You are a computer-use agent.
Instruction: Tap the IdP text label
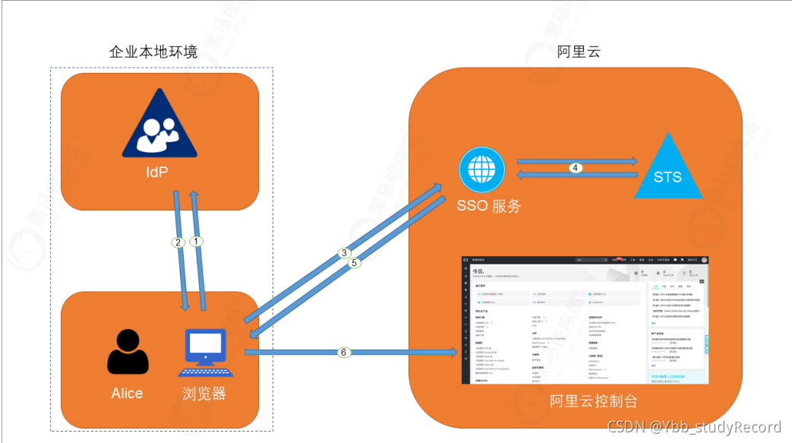(157, 172)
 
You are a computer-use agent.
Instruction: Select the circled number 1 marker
(197, 241)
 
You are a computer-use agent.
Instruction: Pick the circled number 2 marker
(178, 243)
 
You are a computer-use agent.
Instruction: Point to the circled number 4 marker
(577, 168)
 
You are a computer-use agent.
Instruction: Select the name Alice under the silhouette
(127, 393)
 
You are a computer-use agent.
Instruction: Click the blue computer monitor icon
(205, 352)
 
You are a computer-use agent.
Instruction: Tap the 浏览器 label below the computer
(204, 394)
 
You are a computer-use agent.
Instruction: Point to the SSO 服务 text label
(489, 205)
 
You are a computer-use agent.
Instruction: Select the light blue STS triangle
(667, 168)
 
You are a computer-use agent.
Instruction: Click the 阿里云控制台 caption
(593, 401)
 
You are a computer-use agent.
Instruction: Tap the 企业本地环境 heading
(153, 52)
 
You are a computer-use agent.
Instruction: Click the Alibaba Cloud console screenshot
(585, 319)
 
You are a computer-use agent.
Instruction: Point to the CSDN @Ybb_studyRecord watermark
(694, 427)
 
